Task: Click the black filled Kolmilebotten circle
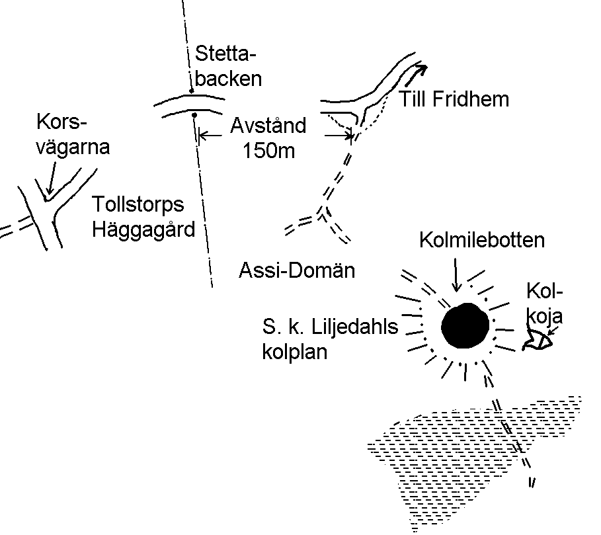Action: pyautogui.click(x=465, y=326)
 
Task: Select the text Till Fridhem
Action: pyautogui.click(x=455, y=99)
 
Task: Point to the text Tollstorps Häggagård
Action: pyautogui.click(x=144, y=216)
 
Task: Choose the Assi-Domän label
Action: pyautogui.click(x=296, y=270)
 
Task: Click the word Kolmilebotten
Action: pyautogui.click(x=482, y=240)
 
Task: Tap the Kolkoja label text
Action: pyautogui.click(x=546, y=302)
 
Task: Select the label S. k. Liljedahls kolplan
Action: pyautogui.click(x=330, y=339)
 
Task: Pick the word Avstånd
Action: pyautogui.click(x=268, y=126)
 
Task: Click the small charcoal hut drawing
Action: pyautogui.click(x=536, y=341)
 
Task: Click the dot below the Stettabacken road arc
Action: pyautogui.click(x=195, y=115)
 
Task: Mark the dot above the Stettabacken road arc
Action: pyautogui.click(x=191, y=91)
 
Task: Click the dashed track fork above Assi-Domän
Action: pyautogui.click(x=324, y=213)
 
